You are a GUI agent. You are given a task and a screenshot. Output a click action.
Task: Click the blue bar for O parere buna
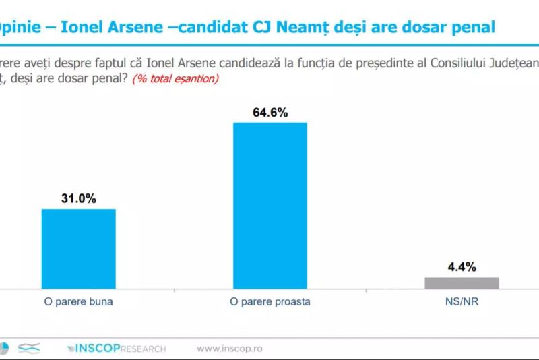click(79, 248)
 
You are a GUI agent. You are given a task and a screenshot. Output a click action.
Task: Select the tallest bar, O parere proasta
click(269, 205)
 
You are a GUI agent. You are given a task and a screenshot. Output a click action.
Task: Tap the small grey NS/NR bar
click(462, 282)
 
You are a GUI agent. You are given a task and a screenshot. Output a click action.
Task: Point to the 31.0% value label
click(79, 198)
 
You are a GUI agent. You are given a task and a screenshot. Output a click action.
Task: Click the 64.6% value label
click(270, 113)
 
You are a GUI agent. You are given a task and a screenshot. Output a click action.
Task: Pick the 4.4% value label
click(462, 266)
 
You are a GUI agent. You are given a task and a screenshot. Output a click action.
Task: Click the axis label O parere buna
click(79, 301)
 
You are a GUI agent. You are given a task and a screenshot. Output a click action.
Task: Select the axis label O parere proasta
click(269, 301)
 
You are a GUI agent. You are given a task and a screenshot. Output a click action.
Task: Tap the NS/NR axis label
click(462, 301)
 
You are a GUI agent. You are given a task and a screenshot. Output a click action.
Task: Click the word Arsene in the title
click(141, 28)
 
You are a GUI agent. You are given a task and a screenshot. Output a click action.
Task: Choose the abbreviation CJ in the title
click(272, 28)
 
